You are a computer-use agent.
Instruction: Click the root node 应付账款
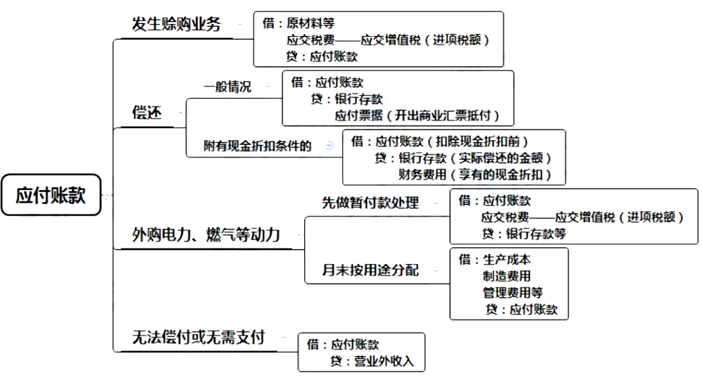click(x=51, y=195)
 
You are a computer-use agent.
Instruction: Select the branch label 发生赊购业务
click(x=176, y=25)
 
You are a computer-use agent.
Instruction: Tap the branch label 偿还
click(x=147, y=113)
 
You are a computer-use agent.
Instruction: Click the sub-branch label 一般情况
click(x=227, y=87)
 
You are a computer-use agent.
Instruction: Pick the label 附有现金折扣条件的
click(x=258, y=146)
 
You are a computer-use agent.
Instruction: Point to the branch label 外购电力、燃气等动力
click(x=206, y=234)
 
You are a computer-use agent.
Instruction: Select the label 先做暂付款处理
click(x=370, y=203)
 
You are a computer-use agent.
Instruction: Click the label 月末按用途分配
click(x=370, y=270)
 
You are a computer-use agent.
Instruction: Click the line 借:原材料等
click(x=299, y=24)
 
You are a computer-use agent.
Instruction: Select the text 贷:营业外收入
click(x=373, y=361)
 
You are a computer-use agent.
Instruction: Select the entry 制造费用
click(x=507, y=276)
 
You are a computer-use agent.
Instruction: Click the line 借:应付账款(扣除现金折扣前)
click(x=439, y=141)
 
